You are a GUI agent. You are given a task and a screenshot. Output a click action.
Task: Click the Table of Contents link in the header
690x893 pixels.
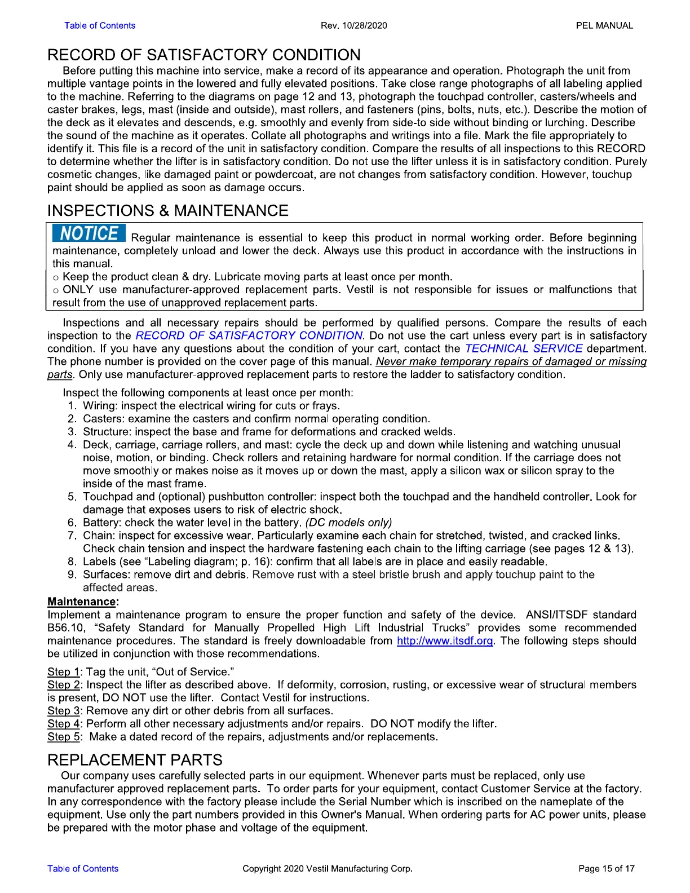pyautogui.click(x=100, y=25)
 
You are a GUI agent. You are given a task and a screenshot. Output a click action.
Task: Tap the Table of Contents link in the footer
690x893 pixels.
pyautogui.click(x=83, y=868)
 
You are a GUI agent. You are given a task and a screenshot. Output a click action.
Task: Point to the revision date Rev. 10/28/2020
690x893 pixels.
pyautogui.click(x=353, y=25)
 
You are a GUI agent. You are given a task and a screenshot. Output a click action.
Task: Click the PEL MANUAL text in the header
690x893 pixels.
pyautogui.click(x=604, y=25)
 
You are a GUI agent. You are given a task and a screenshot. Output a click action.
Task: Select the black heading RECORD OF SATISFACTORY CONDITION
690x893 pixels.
pyautogui.click(x=204, y=55)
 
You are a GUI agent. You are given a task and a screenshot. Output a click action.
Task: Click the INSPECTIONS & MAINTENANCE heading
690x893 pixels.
pyautogui.click(x=168, y=210)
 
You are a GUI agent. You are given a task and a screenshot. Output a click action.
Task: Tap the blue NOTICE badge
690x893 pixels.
pyautogui.click(x=89, y=233)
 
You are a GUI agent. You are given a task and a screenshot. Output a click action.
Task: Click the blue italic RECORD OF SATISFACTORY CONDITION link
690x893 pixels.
pyautogui.click(x=249, y=335)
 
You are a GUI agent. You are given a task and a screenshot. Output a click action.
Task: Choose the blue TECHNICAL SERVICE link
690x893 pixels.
pyautogui.click(x=524, y=348)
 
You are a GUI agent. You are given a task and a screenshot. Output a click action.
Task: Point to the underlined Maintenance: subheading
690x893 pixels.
pyautogui.click(x=83, y=602)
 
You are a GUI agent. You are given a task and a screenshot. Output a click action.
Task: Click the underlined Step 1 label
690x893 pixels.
pyautogui.click(x=63, y=671)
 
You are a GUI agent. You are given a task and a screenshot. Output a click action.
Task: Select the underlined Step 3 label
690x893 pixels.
pyautogui.click(x=63, y=710)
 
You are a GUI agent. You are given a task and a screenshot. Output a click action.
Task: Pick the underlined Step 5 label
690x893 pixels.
pyautogui.click(x=63, y=736)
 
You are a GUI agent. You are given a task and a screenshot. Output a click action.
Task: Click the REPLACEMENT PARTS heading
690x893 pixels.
pyautogui.click(x=135, y=759)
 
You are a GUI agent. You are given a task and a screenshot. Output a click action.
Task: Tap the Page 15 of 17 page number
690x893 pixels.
pyautogui.click(x=607, y=868)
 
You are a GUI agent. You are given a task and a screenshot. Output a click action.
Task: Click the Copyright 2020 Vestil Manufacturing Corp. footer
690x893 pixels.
pyautogui.click(x=328, y=868)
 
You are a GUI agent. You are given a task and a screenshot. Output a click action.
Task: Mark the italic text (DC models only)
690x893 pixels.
pyautogui.click(x=348, y=522)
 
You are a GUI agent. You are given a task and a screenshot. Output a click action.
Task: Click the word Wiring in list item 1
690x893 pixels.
pyautogui.click(x=99, y=405)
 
